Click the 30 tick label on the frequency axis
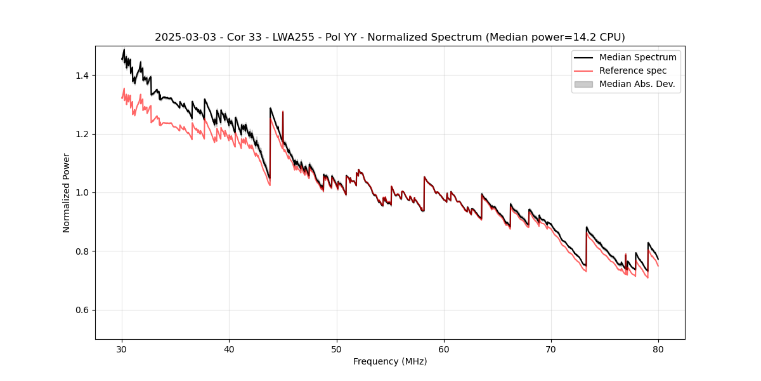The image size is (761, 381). (122, 349)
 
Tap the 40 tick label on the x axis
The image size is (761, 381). (229, 349)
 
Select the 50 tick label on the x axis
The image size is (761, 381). (337, 349)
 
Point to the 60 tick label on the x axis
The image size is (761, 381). (444, 349)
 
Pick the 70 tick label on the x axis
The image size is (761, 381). (551, 349)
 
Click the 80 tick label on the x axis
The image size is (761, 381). (658, 349)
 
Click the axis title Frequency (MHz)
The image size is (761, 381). (390, 361)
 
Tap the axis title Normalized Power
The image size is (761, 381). (67, 192)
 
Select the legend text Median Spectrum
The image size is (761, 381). (637, 57)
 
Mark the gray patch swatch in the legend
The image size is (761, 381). (583, 84)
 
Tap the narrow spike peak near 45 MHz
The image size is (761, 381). (283, 112)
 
